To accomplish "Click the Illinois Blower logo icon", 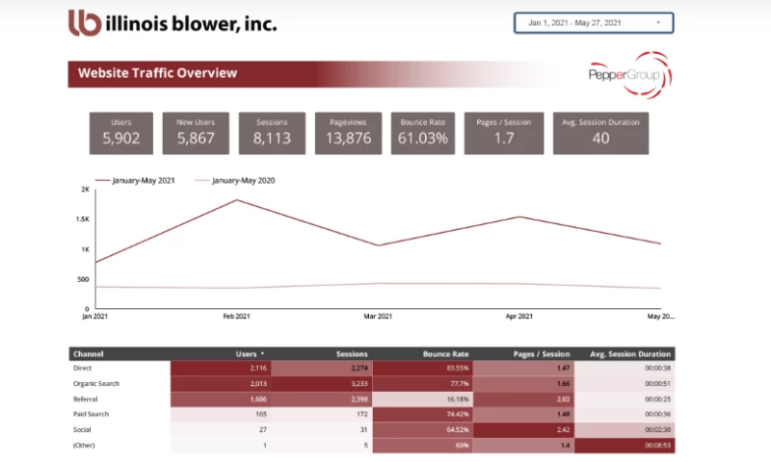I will pyautogui.click(x=85, y=23).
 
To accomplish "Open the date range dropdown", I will pyautogui.click(x=594, y=22).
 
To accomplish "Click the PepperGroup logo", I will pyautogui.click(x=629, y=73).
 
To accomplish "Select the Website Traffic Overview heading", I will pyautogui.click(x=157, y=73).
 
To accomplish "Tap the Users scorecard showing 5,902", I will pyautogui.click(x=121, y=133).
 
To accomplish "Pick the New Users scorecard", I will pyautogui.click(x=196, y=133).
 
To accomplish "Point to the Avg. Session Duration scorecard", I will pyautogui.click(x=600, y=133).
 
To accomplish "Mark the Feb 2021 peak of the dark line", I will pyautogui.click(x=237, y=200).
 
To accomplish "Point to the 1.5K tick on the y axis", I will pyautogui.click(x=84, y=219).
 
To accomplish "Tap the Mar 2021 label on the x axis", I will pyautogui.click(x=378, y=317).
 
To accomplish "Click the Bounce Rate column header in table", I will pyautogui.click(x=444, y=353).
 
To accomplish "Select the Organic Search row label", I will pyautogui.click(x=97, y=383).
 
